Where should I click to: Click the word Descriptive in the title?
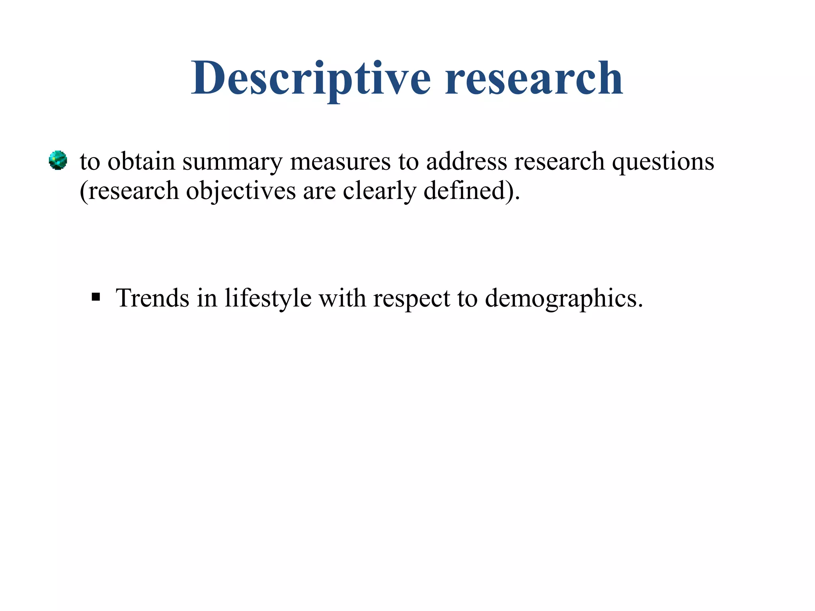(311, 78)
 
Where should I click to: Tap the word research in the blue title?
(534, 78)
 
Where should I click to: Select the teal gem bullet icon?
(58, 160)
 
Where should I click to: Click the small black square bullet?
(96, 297)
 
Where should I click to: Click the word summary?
(232, 162)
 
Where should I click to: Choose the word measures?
(341, 162)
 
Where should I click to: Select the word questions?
(663, 162)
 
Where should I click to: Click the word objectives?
(241, 191)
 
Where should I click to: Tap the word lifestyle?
(268, 299)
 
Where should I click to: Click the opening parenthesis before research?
(83, 191)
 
